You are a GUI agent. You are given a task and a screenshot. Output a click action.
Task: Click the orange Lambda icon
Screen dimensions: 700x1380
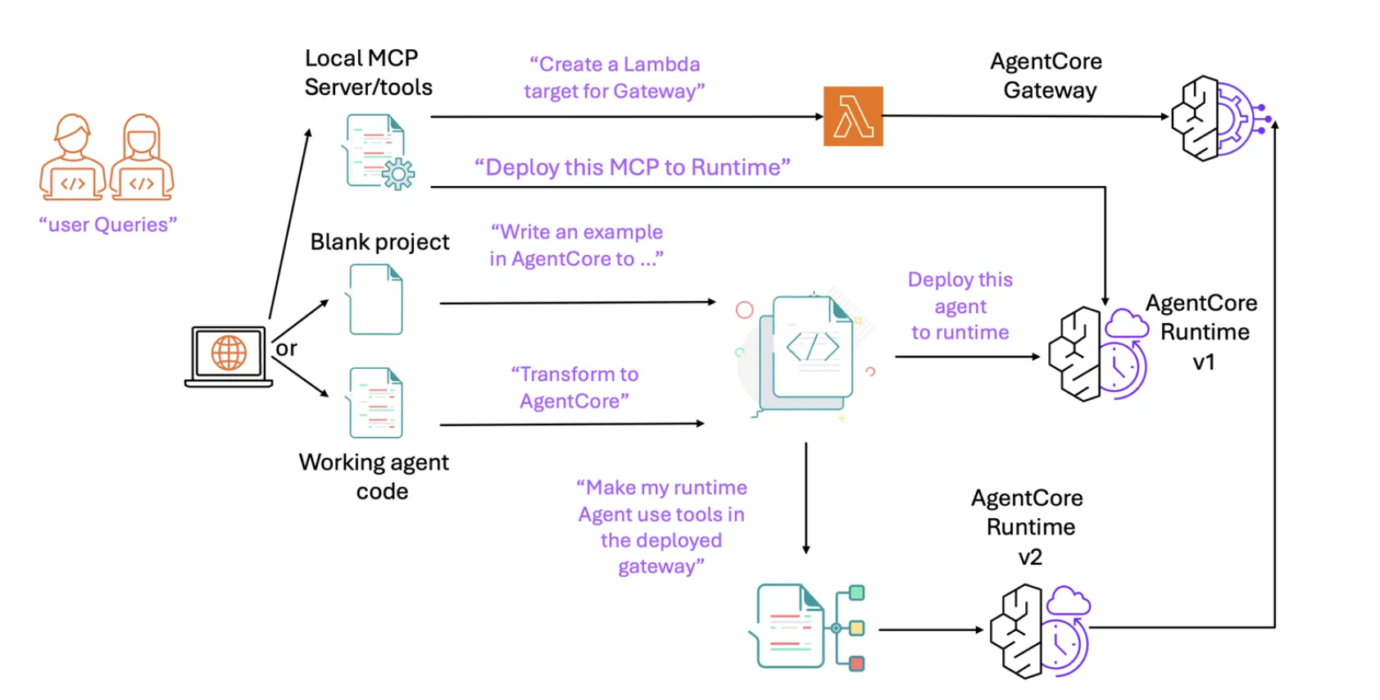(853, 116)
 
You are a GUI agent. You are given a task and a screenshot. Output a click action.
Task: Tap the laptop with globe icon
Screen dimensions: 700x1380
(229, 356)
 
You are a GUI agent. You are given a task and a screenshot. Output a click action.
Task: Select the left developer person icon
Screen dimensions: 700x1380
(72, 157)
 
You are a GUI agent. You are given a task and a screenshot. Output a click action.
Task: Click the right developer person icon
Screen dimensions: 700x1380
(141, 157)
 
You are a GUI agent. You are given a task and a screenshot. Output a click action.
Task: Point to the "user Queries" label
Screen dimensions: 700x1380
(107, 225)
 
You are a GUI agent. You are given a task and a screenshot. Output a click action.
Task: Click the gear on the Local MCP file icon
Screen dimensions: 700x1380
(398, 174)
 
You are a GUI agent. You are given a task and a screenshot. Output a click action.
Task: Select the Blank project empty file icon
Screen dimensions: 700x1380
(376, 299)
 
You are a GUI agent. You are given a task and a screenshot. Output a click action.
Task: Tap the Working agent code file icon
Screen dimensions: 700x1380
(376, 402)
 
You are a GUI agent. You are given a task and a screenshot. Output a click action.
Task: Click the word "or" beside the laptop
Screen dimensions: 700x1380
(286, 348)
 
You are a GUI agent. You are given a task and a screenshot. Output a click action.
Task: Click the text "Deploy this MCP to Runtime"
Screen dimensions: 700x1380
(632, 167)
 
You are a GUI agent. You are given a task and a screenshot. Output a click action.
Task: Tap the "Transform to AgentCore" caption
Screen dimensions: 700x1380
(574, 388)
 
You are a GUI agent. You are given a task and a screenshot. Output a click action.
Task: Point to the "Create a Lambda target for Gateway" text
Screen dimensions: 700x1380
(614, 78)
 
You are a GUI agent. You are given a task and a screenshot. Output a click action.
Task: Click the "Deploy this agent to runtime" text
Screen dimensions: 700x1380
(960, 306)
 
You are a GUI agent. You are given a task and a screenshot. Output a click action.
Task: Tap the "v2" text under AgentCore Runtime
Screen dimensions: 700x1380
(1030, 557)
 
